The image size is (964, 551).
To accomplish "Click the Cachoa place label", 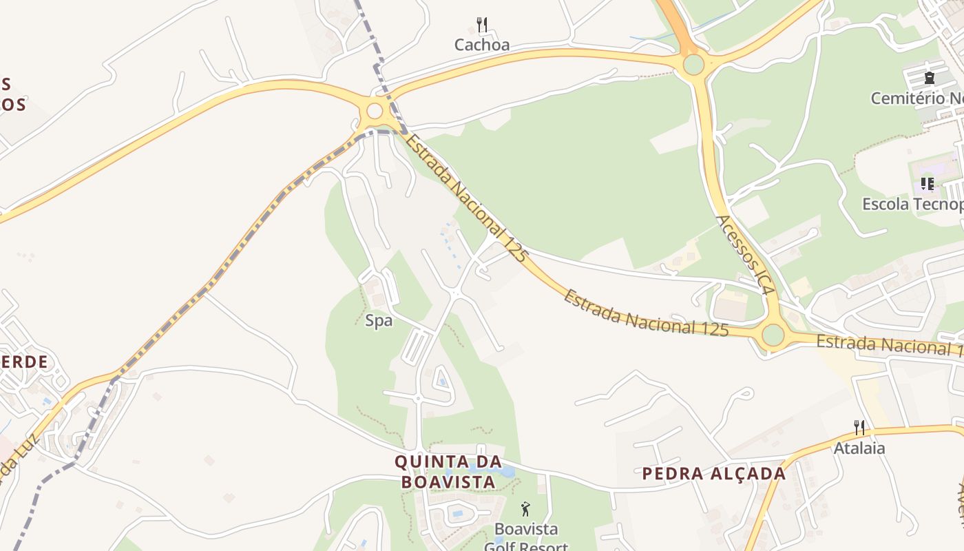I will click(482, 45).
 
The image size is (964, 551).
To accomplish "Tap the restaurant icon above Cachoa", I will click(482, 25).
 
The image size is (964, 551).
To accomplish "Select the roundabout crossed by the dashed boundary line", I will click(375, 111).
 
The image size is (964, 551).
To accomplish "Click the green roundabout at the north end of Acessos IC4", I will click(693, 65).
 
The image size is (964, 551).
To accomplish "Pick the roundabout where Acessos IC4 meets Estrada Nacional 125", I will click(773, 335).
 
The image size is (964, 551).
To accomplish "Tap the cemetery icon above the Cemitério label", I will click(930, 77).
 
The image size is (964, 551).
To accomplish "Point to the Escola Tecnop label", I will click(913, 205).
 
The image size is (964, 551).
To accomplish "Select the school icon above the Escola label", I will click(928, 184).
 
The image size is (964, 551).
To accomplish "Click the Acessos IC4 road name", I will click(746, 256).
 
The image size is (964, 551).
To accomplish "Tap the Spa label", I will click(379, 321).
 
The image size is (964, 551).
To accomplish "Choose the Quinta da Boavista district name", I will click(448, 471).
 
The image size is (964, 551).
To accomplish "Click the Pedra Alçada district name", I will click(714, 474).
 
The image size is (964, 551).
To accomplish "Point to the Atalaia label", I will click(859, 448).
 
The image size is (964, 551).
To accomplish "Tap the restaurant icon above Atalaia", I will click(859, 428).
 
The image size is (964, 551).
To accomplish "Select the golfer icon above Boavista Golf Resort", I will click(526, 510).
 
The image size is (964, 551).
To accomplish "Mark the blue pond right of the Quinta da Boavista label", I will click(507, 472).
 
